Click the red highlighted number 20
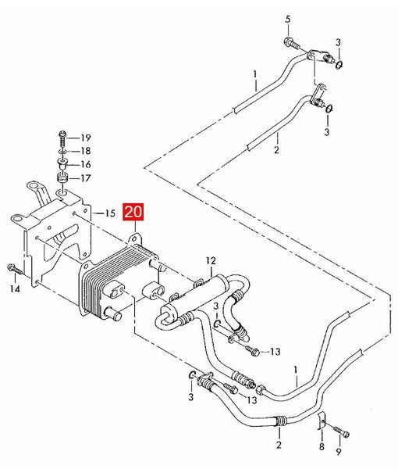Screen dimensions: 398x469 [133, 212]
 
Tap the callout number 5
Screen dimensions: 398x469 [287, 20]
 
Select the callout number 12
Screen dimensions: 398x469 [211, 260]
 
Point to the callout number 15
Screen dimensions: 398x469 [110, 213]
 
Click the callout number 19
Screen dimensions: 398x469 [86, 138]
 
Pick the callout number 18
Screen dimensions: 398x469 [86, 151]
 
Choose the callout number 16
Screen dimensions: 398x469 [86, 164]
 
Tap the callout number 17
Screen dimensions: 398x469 [86, 178]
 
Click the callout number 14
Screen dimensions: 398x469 [15, 289]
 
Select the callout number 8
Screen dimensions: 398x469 [322, 447]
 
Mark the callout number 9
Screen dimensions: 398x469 [339, 451]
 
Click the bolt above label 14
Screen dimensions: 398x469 [15, 269]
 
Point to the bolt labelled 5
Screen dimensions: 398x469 [291, 43]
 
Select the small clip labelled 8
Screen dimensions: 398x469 [321, 421]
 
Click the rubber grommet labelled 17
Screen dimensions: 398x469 [62, 177]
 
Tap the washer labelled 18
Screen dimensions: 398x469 [62, 152]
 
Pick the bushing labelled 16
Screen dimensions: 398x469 [62, 164]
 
